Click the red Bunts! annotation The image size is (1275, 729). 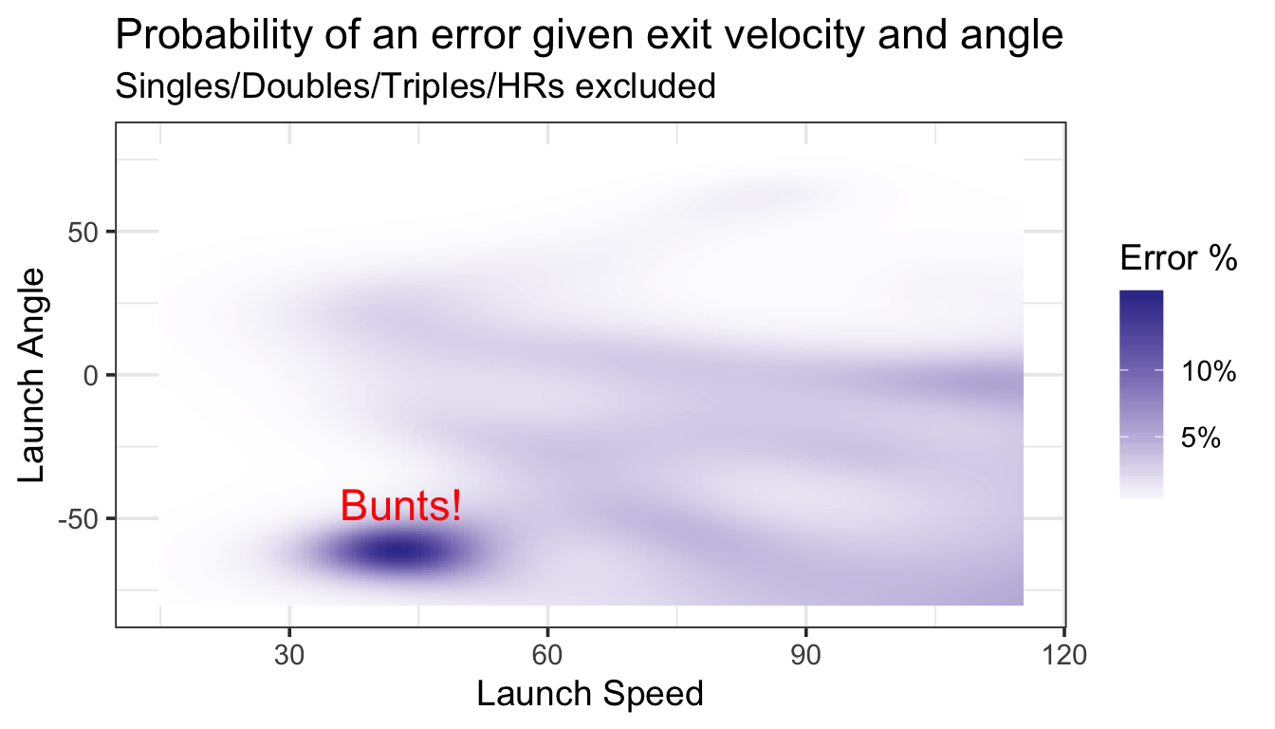pyautogui.click(x=400, y=505)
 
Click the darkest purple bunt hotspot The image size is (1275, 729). pyautogui.click(x=400, y=551)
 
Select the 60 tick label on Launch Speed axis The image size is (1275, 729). pyautogui.click(x=547, y=656)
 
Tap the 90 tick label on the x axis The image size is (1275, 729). pyautogui.click(x=805, y=656)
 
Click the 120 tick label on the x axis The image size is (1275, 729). pyautogui.click(x=1063, y=656)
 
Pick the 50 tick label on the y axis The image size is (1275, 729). pyautogui.click(x=83, y=233)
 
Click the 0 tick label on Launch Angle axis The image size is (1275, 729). pyautogui.click(x=91, y=376)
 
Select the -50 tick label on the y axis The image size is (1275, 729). pyautogui.click(x=79, y=519)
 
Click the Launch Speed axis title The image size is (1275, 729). pyautogui.click(x=590, y=694)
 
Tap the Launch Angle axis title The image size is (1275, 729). pyautogui.click(x=31, y=375)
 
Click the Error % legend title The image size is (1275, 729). pyautogui.click(x=1178, y=258)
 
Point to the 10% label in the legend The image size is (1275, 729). pyautogui.click(x=1209, y=371)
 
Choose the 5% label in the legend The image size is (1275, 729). pyautogui.click(x=1200, y=438)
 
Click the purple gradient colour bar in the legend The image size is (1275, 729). pyautogui.click(x=1141, y=395)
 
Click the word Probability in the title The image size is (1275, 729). pyautogui.click(x=214, y=35)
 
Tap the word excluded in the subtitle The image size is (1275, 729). pyautogui.click(x=645, y=86)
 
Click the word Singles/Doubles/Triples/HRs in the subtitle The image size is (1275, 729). pyautogui.click(x=340, y=87)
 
